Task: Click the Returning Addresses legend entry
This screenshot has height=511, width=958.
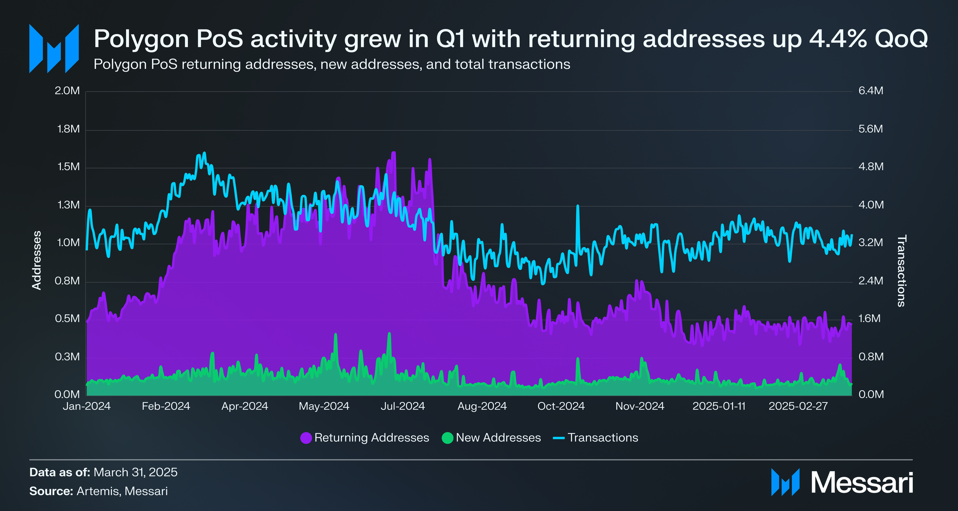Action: point(365,438)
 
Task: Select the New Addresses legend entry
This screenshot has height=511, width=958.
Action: point(491,438)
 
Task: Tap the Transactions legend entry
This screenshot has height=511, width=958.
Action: point(596,438)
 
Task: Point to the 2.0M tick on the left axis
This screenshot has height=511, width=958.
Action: point(67,91)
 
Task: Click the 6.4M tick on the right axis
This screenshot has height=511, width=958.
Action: point(871,91)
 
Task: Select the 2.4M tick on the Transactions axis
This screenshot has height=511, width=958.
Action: point(871,281)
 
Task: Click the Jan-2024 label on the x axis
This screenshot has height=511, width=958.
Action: point(87,406)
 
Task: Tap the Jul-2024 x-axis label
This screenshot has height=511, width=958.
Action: point(403,406)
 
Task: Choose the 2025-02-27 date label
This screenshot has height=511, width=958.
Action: point(798,406)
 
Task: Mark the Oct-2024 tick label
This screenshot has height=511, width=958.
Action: point(561,406)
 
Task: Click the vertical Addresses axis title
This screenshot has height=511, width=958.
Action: point(37,260)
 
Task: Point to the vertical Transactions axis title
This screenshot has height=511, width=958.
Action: point(901,271)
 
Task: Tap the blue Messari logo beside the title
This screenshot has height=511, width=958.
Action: point(54,49)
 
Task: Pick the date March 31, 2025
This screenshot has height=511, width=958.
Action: point(136,473)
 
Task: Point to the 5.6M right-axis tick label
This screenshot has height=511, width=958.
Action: point(871,129)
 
